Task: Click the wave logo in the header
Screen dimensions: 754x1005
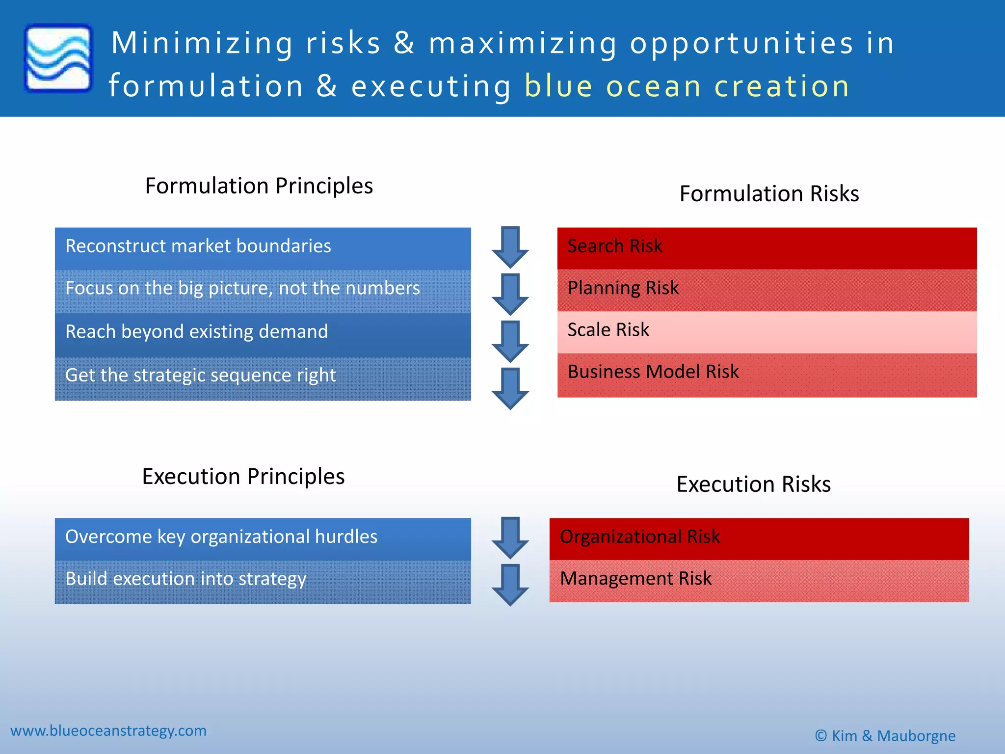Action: (x=58, y=58)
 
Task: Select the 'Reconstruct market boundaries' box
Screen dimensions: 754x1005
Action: (x=263, y=247)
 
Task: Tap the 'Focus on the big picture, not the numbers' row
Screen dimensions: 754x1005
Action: (x=263, y=290)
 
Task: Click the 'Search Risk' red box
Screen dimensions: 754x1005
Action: (x=767, y=247)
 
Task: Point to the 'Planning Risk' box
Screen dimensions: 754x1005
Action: (x=767, y=289)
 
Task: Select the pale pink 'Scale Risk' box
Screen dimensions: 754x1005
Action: (x=767, y=331)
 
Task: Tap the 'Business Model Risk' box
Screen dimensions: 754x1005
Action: (x=767, y=374)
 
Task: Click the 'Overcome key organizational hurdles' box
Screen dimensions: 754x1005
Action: (x=263, y=538)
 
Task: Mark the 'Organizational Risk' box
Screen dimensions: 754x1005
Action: (x=759, y=538)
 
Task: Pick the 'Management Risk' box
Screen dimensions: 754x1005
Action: (x=759, y=580)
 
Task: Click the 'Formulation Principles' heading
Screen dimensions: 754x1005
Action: (x=259, y=186)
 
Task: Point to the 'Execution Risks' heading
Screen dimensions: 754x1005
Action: (x=753, y=484)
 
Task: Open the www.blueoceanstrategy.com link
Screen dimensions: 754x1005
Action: (x=108, y=730)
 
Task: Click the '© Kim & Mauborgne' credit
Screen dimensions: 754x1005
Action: (x=885, y=736)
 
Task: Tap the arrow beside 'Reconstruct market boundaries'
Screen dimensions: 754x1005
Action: (x=510, y=246)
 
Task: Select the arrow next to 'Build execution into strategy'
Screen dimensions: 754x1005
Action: (x=510, y=584)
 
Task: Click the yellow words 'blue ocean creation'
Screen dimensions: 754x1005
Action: (x=687, y=86)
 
